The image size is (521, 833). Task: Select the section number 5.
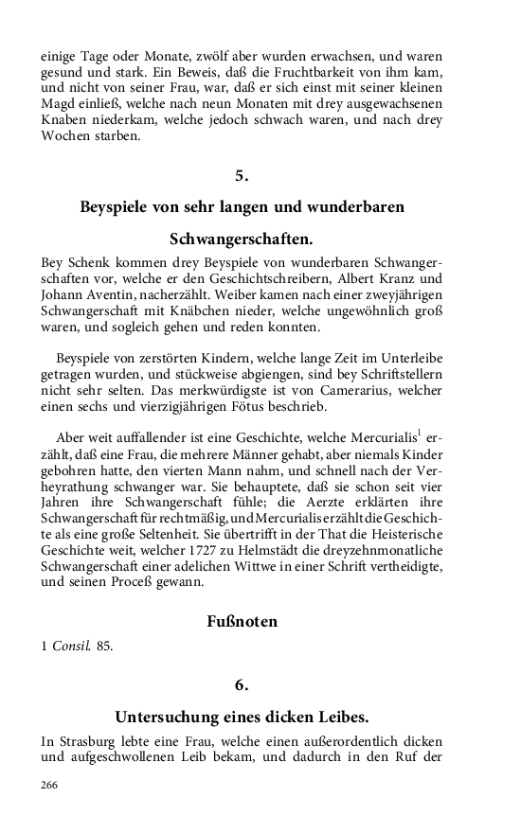point(242,174)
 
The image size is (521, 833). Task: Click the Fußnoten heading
point(242,622)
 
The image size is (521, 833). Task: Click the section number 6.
point(242,683)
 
